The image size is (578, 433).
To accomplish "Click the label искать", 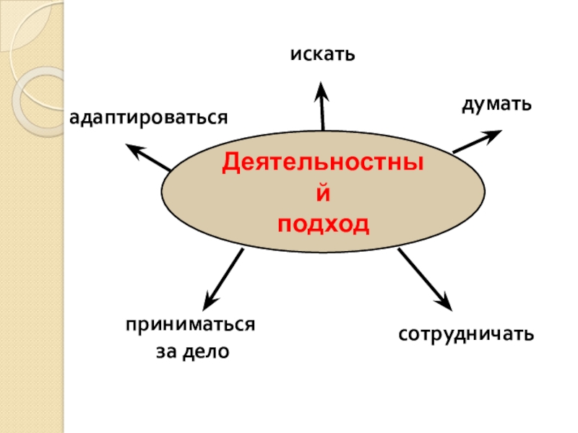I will pyautogui.click(x=324, y=54).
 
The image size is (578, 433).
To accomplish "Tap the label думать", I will pyautogui.click(x=497, y=105).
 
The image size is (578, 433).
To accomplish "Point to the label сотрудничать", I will pyautogui.click(x=467, y=334).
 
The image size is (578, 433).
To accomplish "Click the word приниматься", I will pyautogui.click(x=190, y=324).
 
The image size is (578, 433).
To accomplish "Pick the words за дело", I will pyautogui.click(x=192, y=352).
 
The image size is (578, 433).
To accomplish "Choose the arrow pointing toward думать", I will pyautogui.click(x=477, y=141).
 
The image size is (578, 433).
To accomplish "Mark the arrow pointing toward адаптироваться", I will pyautogui.click(x=149, y=157).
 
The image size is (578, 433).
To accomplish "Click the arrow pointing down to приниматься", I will pyautogui.click(x=223, y=278).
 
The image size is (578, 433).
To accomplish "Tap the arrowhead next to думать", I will pyautogui.click(x=494, y=134).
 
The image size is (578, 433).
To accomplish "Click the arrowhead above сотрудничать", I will pyautogui.click(x=444, y=302).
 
